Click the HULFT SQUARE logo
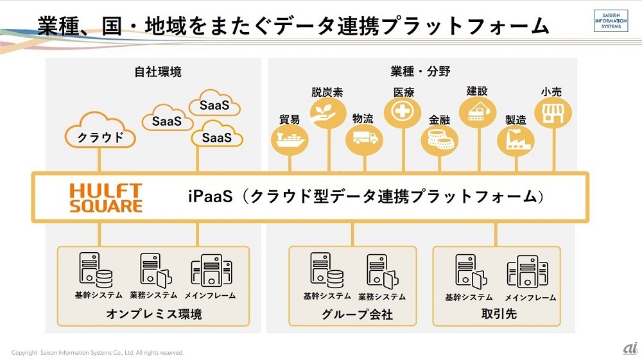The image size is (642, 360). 105,197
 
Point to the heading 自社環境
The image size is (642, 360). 158,72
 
